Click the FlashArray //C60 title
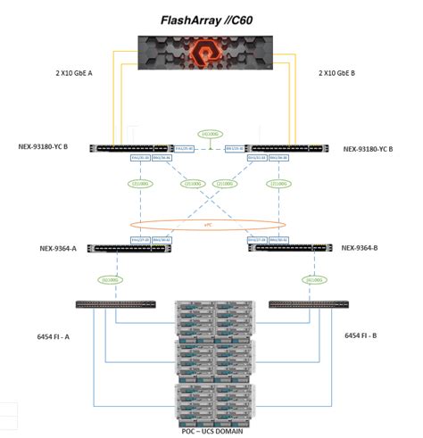click(x=211, y=19)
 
